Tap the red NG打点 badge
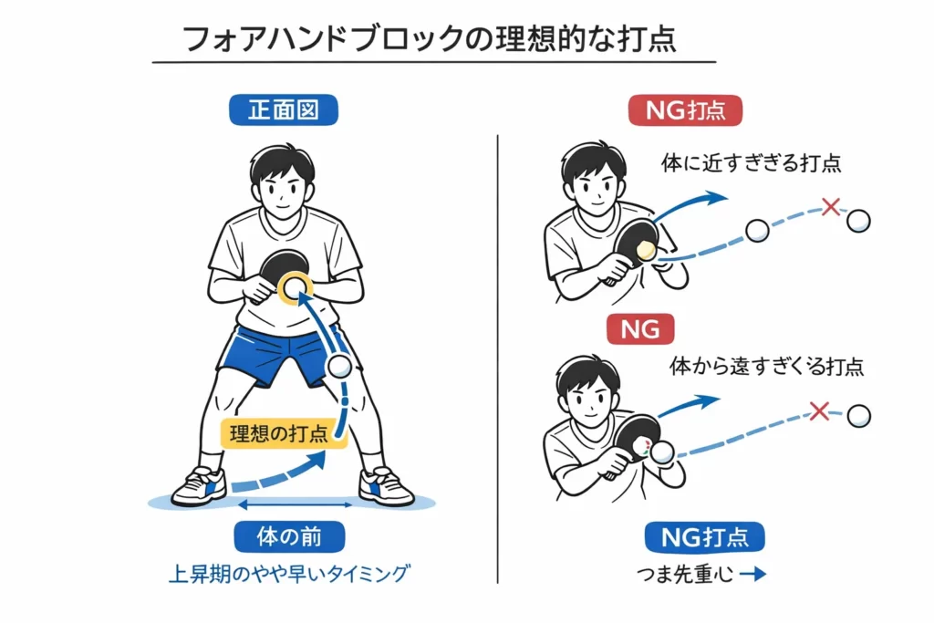pyautogui.click(x=685, y=110)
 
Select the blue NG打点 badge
pyautogui.click(x=704, y=537)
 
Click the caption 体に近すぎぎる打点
pyautogui.click(x=751, y=163)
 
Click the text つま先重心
pyautogui.click(x=682, y=576)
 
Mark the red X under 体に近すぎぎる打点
pyautogui.click(x=830, y=207)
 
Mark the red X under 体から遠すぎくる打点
pyautogui.click(x=818, y=410)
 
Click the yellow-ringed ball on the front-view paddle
pyautogui.click(x=295, y=288)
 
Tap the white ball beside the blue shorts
pyautogui.click(x=339, y=368)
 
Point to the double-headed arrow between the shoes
pyautogui.click(x=296, y=504)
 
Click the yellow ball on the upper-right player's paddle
pyautogui.click(x=647, y=250)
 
